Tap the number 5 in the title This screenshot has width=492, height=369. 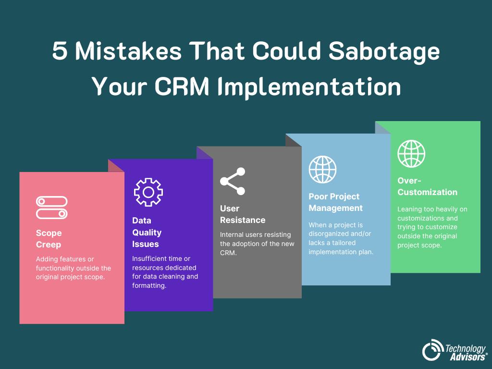tap(60, 51)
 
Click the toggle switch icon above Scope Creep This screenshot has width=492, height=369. tap(52, 208)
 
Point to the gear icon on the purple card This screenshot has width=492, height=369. tap(148, 192)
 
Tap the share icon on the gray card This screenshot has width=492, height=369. tap(233, 181)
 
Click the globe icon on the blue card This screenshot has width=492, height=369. tap(322, 169)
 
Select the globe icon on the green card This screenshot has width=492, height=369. tap(411, 154)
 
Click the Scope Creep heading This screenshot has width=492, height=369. tap(49, 239)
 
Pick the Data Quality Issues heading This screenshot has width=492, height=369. tap(147, 232)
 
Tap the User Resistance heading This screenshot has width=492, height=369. tap(242, 214)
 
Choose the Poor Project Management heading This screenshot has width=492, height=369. tap(335, 202)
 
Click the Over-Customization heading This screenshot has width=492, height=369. tap(427, 186)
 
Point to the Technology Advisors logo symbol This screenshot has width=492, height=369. tap(433, 349)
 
